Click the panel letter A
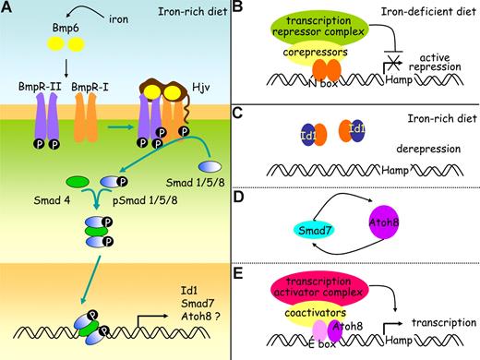7,9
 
